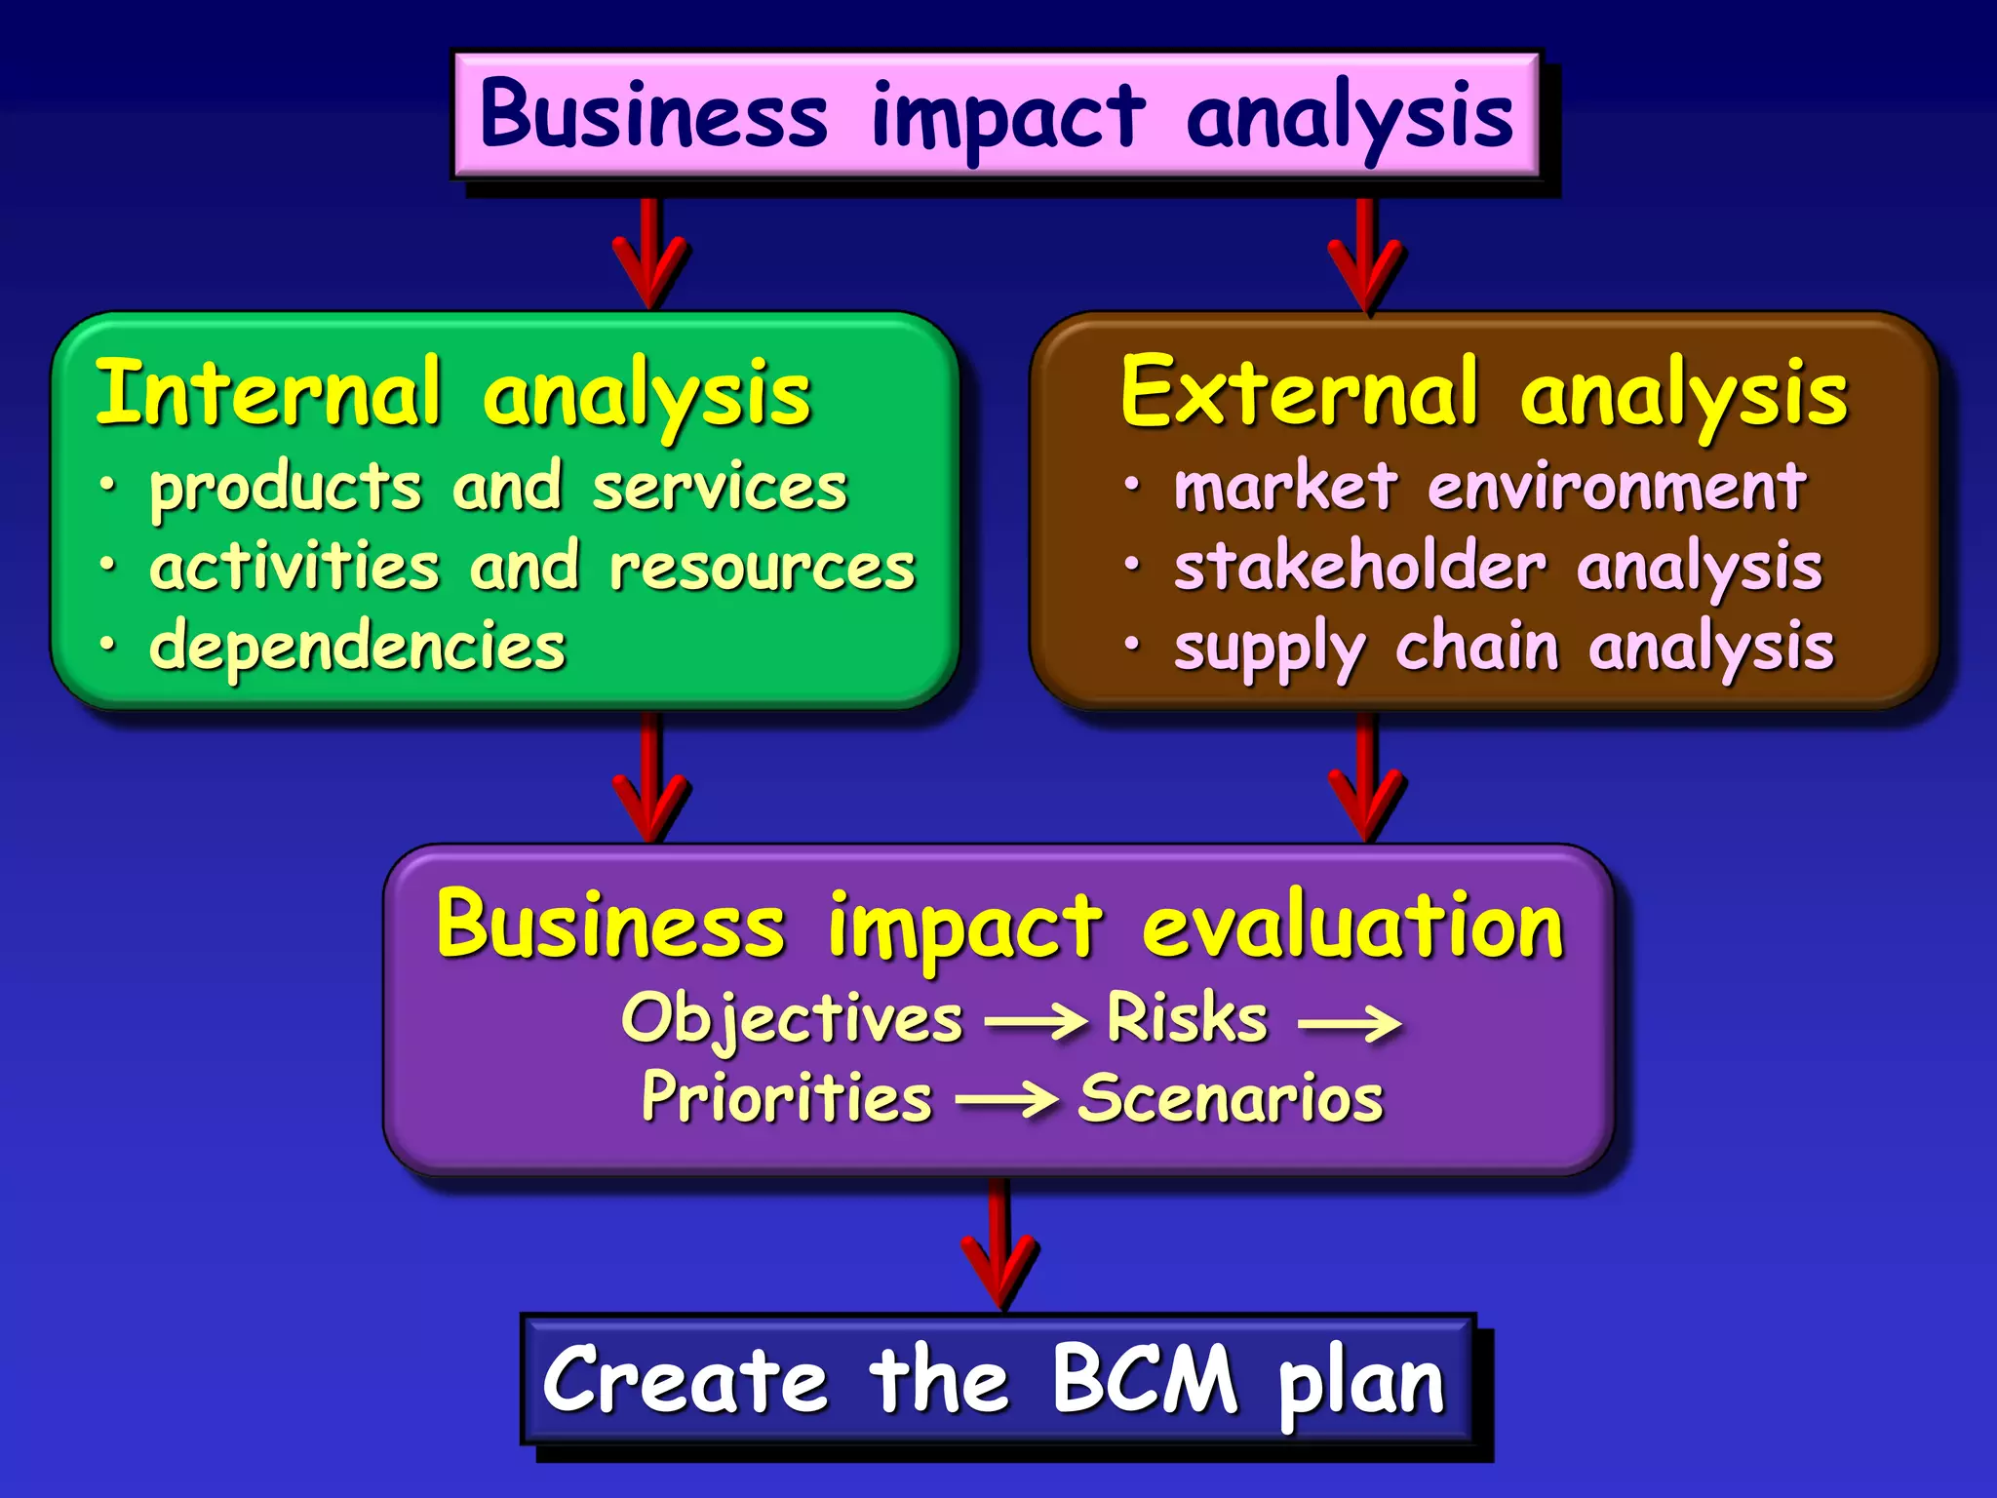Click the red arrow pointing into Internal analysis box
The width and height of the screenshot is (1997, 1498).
coord(650,256)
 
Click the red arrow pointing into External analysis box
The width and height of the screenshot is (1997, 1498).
coord(1366,257)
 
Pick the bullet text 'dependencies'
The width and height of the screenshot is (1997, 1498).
coord(357,647)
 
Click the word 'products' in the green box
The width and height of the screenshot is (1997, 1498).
coord(286,489)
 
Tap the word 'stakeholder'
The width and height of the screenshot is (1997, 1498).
coord(1359,567)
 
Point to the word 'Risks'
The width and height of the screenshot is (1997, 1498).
coord(1187,1018)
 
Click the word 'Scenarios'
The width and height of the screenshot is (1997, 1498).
coord(1231,1099)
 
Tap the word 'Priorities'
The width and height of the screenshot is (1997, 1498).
coord(787,1099)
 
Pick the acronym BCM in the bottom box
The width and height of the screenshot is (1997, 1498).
coord(1144,1379)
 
